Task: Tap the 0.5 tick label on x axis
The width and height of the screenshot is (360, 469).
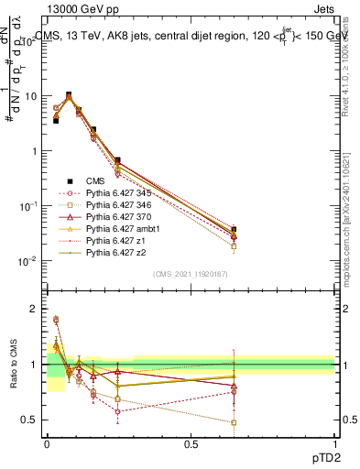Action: click(x=191, y=442)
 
